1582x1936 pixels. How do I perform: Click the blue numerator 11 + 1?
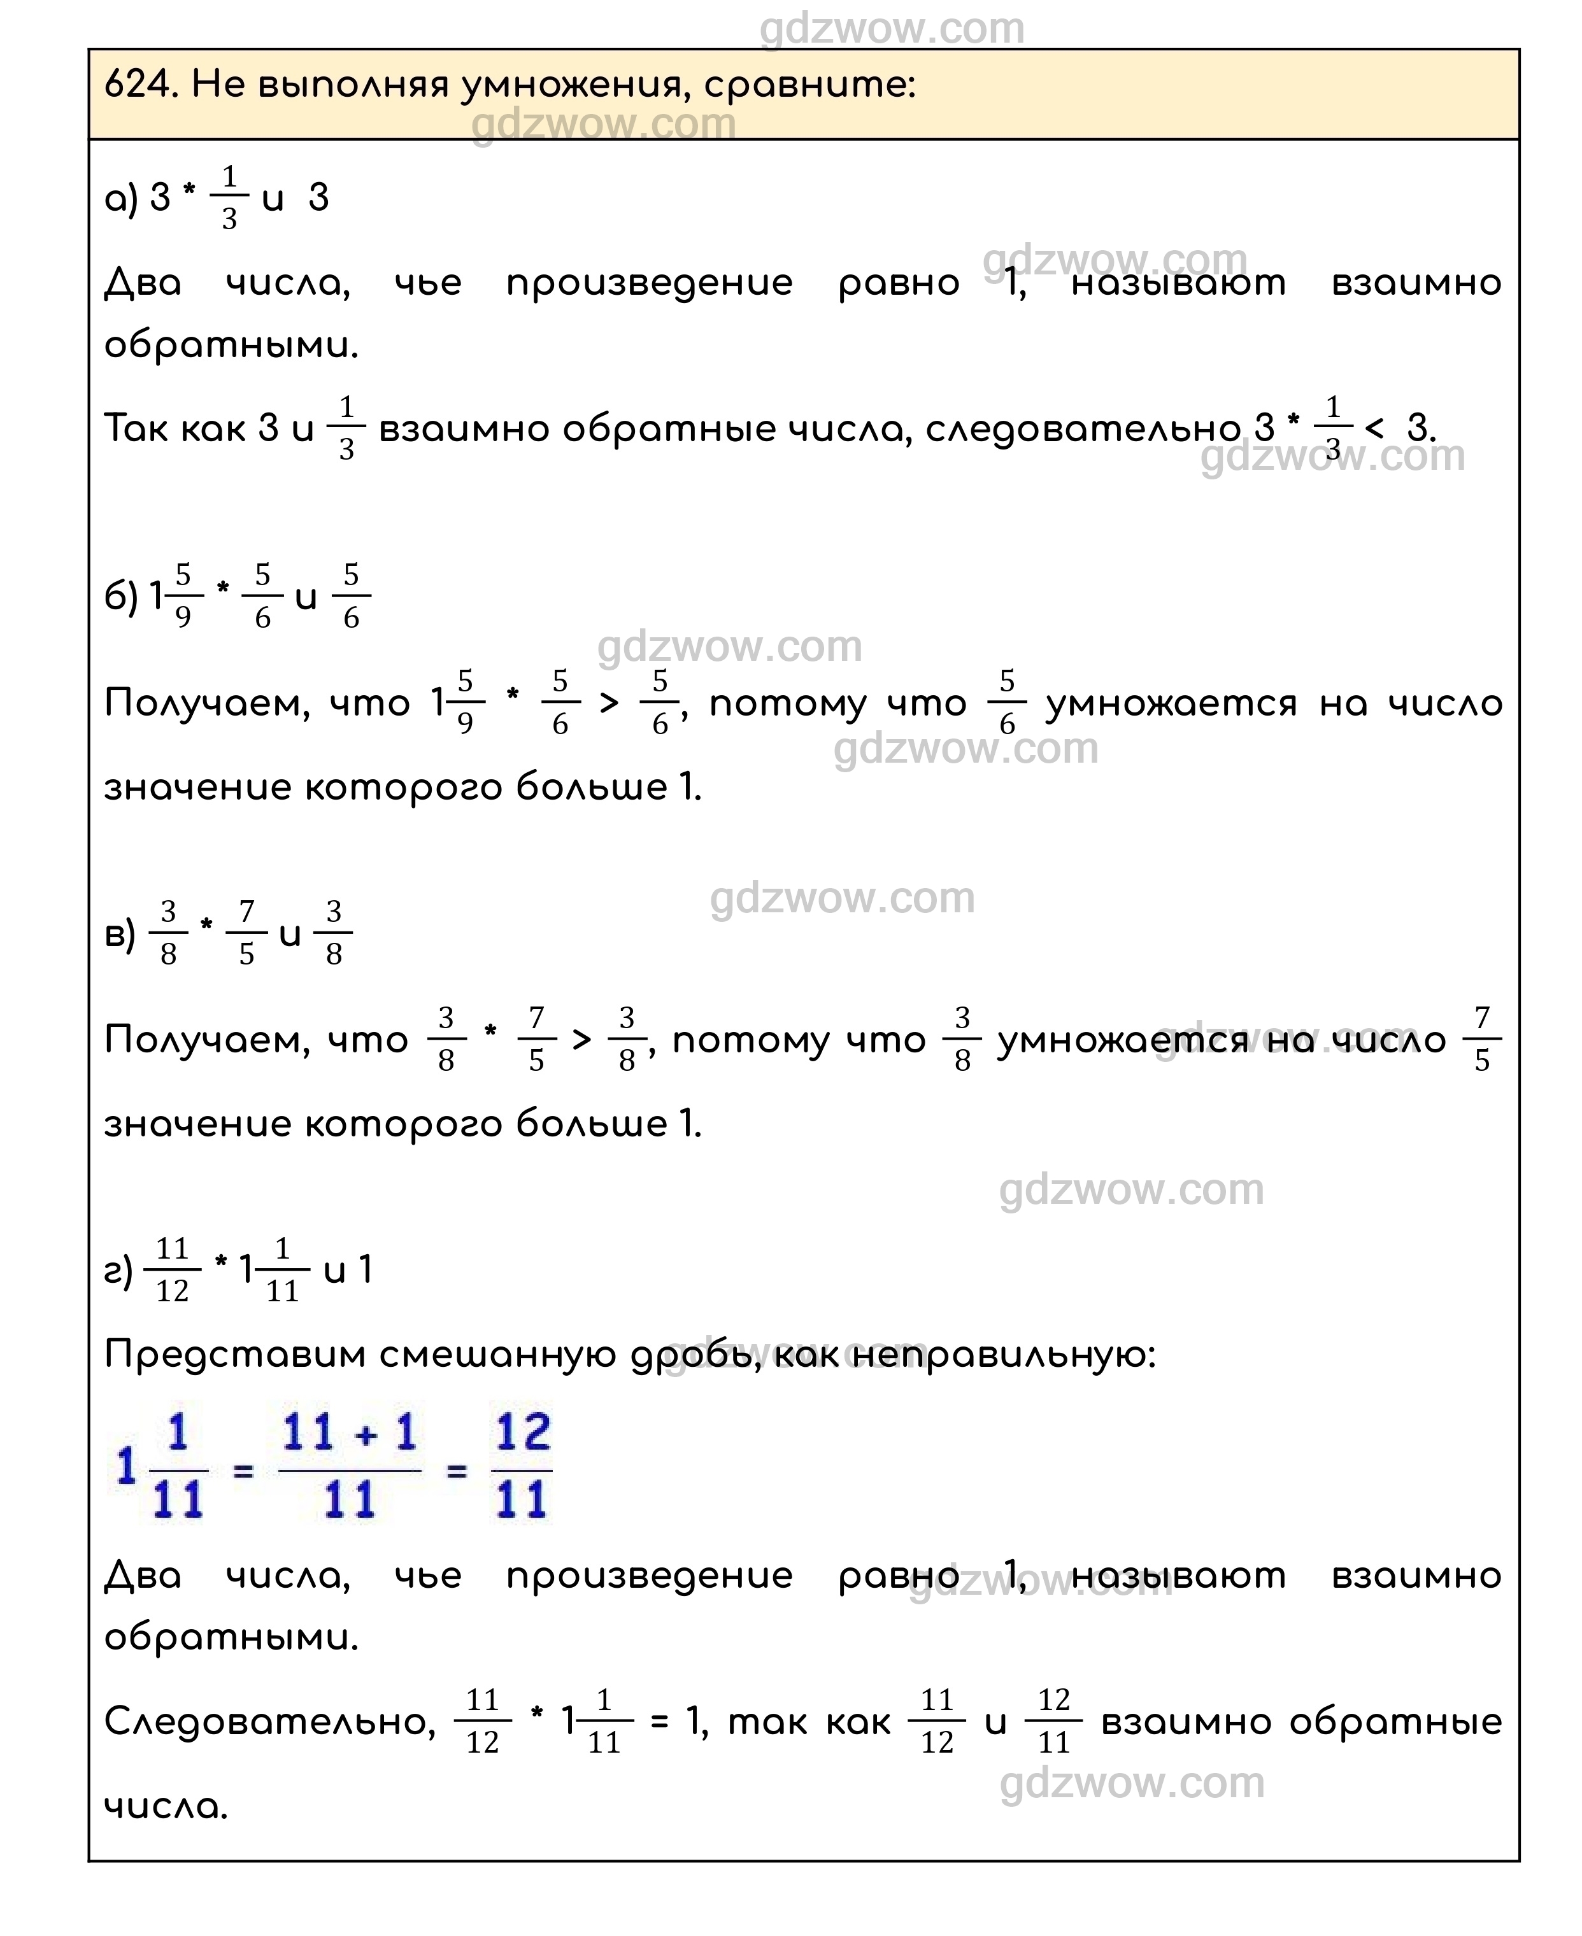point(349,1432)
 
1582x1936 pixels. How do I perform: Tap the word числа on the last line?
point(165,1805)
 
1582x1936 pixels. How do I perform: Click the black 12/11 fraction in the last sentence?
point(1053,1722)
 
